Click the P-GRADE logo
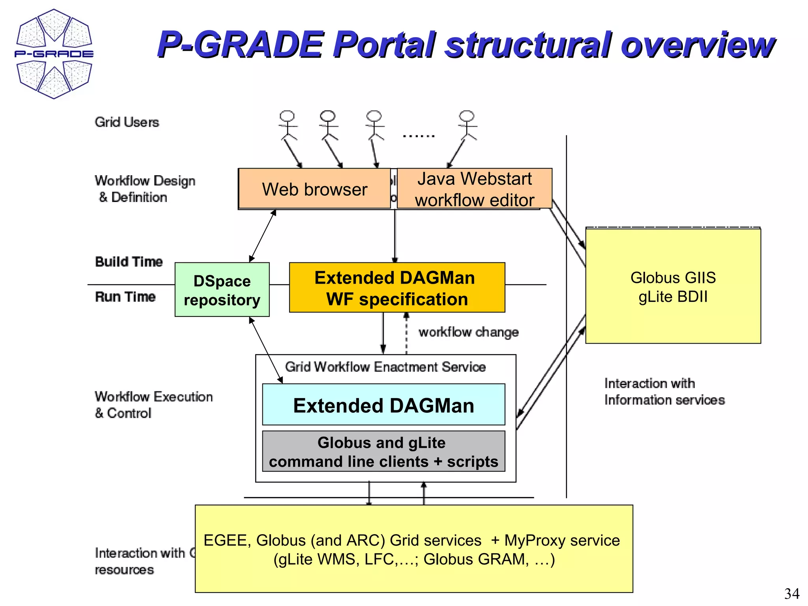pos(54,54)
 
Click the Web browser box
pos(314,189)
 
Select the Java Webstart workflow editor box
pos(474,189)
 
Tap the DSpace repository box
pos(222,290)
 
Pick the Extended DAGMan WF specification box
pos(397,288)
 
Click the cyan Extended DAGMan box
pos(383,405)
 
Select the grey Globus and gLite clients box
pos(383,452)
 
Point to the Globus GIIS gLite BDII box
pos(673,287)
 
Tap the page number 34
pos(791,593)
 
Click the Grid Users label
pos(127,122)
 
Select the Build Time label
pos(129,262)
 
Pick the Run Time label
pos(125,297)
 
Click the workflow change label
pos(468,332)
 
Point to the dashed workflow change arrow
pos(406,334)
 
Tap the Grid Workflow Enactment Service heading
pos(385,367)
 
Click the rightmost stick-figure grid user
pos(467,125)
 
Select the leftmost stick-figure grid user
pos(287,125)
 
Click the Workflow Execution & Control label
pos(153,404)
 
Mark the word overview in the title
pos(697,44)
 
